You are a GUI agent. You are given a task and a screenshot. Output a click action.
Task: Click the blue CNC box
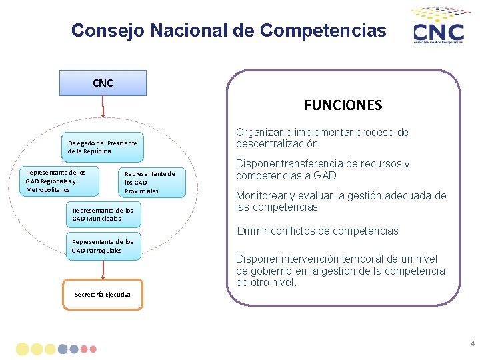click(103, 83)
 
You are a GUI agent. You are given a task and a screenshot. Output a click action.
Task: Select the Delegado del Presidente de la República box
click(103, 147)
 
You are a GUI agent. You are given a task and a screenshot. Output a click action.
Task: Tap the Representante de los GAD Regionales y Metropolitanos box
click(58, 181)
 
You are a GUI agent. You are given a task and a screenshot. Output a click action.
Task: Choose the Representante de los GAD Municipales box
click(103, 214)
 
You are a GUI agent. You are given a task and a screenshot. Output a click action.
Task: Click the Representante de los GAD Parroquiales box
click(103, 246)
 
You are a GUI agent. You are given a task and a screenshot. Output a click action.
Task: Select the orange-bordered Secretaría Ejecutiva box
click(103, 294)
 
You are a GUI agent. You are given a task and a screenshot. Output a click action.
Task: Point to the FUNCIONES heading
click(343, 105)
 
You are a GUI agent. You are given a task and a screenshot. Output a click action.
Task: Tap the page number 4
click(473, 344)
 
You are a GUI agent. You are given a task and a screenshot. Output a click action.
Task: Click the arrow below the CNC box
click(103, 112)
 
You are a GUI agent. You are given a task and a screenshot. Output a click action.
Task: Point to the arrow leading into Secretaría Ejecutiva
click(103, 269)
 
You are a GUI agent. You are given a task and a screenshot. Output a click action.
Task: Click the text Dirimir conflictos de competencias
click(318, 231)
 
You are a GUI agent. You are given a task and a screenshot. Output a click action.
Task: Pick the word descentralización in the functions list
click(277, 144)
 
